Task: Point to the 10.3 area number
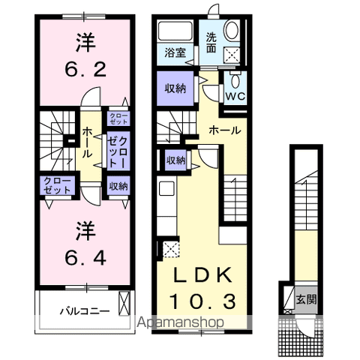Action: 200,301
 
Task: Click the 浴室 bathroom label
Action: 177,52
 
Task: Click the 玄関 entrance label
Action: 304,298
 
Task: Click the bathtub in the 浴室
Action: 177,31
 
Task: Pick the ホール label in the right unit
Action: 225,130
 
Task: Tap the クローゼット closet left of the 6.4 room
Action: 57,184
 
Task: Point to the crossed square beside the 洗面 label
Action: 232,53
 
